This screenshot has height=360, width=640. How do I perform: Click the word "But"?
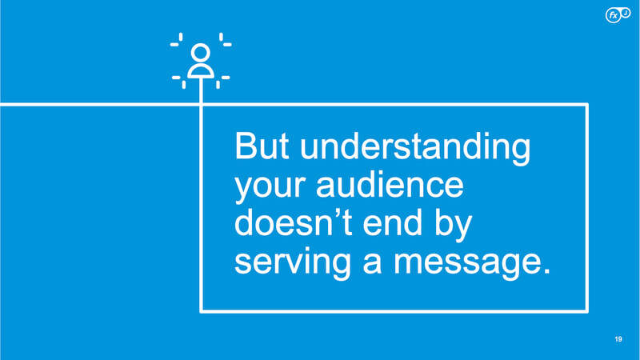click(x=262, y=146)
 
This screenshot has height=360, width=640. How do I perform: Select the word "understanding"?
click(x=415, y=149)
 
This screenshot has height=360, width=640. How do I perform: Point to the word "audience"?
click(x=390, y=184)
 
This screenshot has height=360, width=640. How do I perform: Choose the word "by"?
click(x=453, y=226)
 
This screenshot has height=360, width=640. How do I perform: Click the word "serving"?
click(x=293, y=264)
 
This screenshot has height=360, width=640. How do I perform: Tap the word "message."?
click(x=472, y=264)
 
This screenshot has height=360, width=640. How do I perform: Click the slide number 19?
click(x=618, y=339)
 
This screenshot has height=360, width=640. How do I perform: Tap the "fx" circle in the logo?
click(x=613, y=15)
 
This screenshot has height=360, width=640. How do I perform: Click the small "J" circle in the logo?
click(x=626, y=13)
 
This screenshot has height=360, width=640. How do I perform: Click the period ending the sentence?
click(x=547, y=271)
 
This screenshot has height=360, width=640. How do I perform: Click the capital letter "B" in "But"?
click(x=246, y=146)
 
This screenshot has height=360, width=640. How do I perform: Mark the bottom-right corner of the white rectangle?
click(x=587, y=312)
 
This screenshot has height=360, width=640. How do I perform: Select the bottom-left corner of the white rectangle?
click(x=201, y=312)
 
